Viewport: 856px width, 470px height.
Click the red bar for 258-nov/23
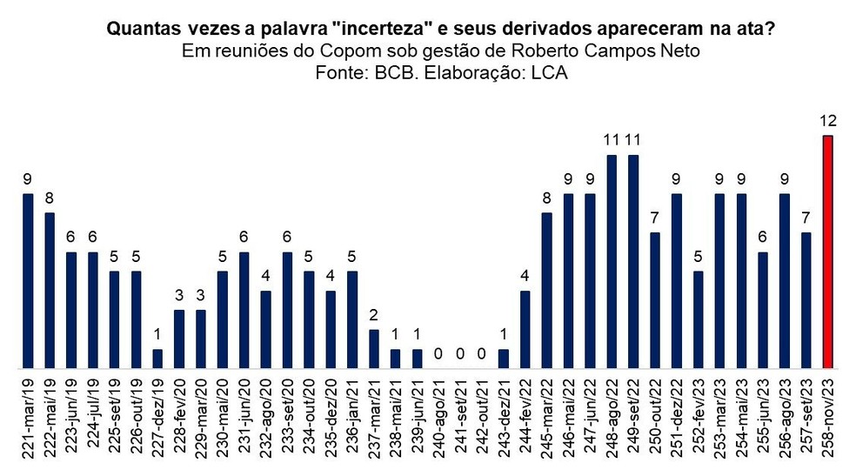pyautogui.click(x=828, y=252)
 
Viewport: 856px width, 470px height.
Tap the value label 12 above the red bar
pyautogui.click(x=828, y=120)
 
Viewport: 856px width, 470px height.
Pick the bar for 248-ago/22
pyautogui.click(x=612, y=261)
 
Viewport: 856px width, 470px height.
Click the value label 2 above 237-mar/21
pyautogui.click(x=374, y=314)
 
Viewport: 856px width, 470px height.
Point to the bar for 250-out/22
pyautogui.click(x=655, y=299)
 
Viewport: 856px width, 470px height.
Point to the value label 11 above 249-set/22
pyautogui.click(x=633, y=139)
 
